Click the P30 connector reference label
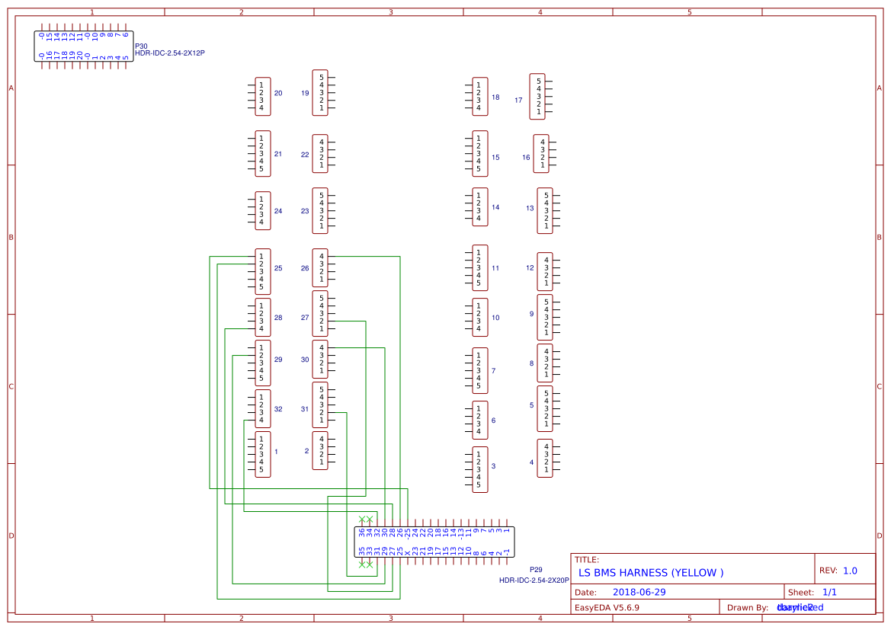coord(141,46)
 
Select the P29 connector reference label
coord(536,569)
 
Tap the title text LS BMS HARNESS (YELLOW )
coord(651,573)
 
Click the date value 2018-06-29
coord(639,592)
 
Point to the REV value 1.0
coord(850,571)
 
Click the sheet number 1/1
coord(830,592)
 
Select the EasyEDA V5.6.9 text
coord(607,608)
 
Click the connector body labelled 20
coord(262,97)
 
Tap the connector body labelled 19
coord(320,93)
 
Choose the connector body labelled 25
coord(262,272)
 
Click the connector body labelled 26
coord(320,268)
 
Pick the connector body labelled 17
coord(538,97)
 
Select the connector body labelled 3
coord(479,470)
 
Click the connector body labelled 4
coord(544,459)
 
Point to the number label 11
coord(495,268)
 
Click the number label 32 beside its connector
coord(278,409)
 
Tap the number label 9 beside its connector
coord(531,314)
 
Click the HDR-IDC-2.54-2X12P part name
coord(169,53)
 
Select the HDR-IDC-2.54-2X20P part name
coord(534,580)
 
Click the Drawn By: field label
coord(747,608)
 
